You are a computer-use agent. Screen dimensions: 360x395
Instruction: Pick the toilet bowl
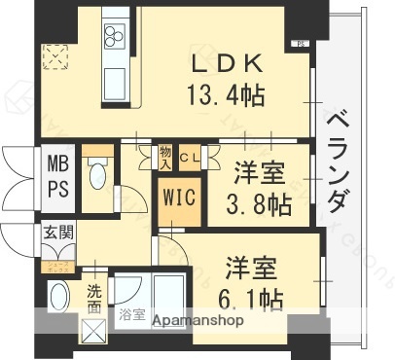96,178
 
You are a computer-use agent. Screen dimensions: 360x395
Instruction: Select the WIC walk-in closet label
180,198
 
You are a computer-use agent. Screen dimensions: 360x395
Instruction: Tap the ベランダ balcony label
339,160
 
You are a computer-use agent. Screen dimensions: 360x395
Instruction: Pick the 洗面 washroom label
93,297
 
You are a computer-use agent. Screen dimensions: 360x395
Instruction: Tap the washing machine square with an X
93,333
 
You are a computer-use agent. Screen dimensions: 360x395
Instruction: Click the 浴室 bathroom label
131,315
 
